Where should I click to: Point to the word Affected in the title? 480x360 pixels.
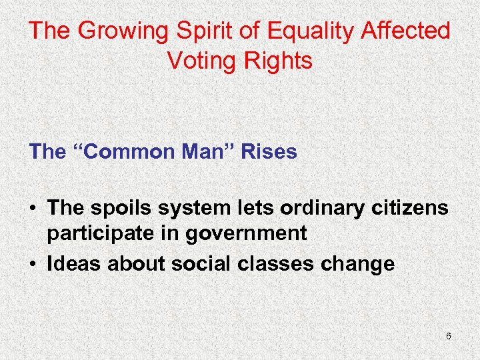[x=411, y=31]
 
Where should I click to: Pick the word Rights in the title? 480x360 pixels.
[x=279, y=61]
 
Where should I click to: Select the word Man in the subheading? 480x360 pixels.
[x=207, y=152]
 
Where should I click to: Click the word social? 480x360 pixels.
[x=195, y=264]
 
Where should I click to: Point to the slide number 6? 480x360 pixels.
[x=449, y=336]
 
